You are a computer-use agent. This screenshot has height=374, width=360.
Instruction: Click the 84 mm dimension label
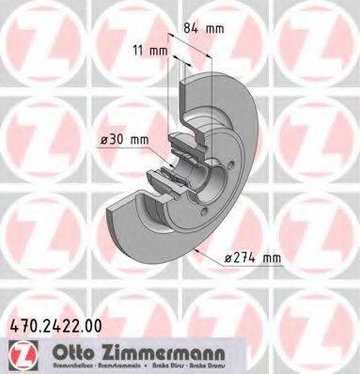click(x=205, y=29)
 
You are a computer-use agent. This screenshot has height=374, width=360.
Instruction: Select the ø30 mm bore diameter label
click(x=125, y=140)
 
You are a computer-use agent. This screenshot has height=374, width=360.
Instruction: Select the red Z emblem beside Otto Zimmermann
click(x=17, y=352)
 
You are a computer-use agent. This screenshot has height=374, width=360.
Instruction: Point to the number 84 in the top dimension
click(x=193, y=29)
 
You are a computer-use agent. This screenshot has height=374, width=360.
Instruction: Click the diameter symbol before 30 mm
click(x=104, y=140)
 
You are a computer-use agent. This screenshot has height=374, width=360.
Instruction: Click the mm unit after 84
click(x=215, y=29)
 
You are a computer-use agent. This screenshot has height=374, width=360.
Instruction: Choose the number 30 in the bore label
click(x=117, y=140)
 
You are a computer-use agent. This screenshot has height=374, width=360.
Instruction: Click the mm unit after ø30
click(x=139, y=140)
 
